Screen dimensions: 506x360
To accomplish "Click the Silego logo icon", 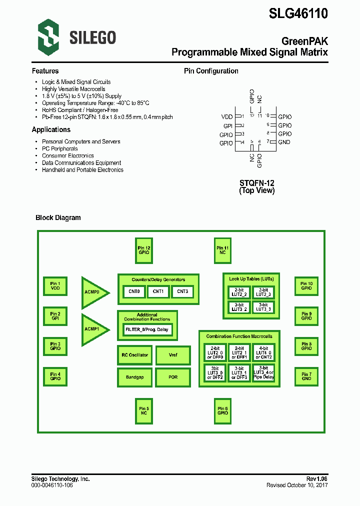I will click(48, 35).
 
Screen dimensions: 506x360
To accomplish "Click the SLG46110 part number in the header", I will click(298, 13).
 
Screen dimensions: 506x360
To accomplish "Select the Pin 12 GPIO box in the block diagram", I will click(144, 250).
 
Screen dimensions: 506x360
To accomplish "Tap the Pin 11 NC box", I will click(222, 250).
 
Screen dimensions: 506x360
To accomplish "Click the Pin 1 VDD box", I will click(55, 286).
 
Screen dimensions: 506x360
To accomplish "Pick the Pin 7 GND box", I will click(306, 376).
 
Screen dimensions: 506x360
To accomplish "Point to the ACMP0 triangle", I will click(93, 292).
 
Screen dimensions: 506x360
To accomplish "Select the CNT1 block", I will click(158, 291).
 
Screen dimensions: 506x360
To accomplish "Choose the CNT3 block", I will click(182, 291).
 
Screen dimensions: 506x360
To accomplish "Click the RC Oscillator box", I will click(134, 355).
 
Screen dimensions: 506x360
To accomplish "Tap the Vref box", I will click(173, 355).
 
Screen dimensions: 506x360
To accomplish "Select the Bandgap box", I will click(134, 377).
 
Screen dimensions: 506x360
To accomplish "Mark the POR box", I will click(173, 377).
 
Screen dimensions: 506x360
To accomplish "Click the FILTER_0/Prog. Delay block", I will click(148, 329).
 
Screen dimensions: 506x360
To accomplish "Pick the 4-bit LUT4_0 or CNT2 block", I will click(263, 352).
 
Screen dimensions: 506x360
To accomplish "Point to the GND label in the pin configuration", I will click(284, 142).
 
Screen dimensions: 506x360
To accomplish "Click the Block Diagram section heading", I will click(58, 217).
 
